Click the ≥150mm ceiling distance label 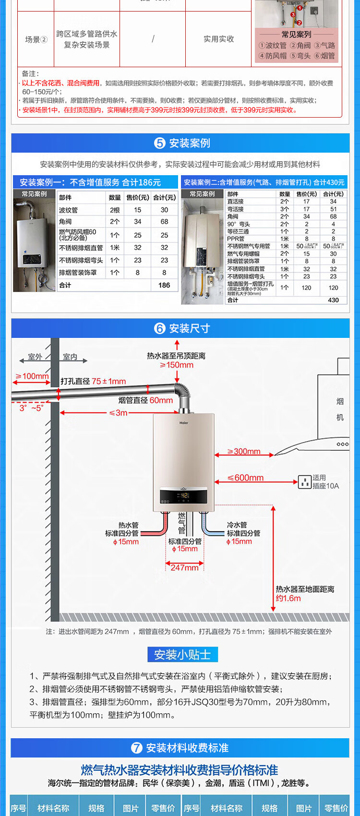(x=177, y=365)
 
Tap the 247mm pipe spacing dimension (x=184, y=568)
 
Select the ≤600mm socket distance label (x=246, y=478)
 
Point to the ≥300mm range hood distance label (x=244, y=452)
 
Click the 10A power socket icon (x=305, y=481)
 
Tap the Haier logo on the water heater (x=184, y=423)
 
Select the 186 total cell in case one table (x=164, y=285)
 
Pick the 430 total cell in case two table (x=333, y=300)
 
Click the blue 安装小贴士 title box (x=182, y=655)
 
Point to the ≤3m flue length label (x=118, y=413)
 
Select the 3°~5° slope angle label (x=31, y=408)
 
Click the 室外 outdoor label (x=35, y=357)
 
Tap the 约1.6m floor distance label (x=288, y=599)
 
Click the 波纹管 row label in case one (x=68, y=210)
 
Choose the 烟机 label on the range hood (x=340, y=409)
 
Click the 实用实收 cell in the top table (x=218, y=39)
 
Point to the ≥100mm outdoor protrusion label (x=32, y=376)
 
